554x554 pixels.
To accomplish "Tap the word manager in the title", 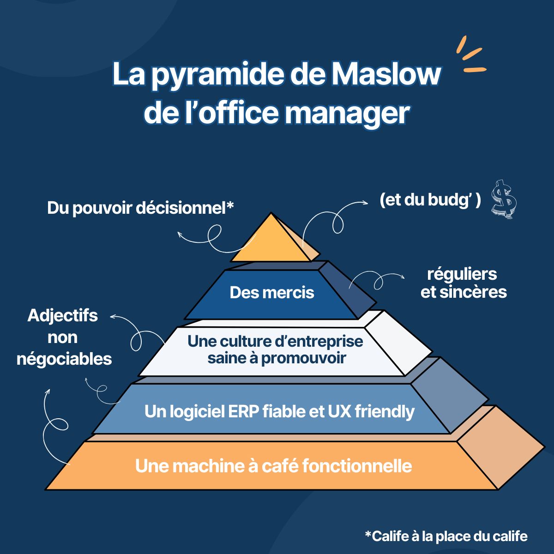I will click(x=347, y=113).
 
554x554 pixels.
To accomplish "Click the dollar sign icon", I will click(x=504, y=199).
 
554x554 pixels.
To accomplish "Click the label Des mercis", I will click(x=272, y=293).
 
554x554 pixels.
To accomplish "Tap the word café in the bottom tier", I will click(x=280, y=466).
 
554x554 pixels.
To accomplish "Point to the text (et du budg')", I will click(x=430, y=200).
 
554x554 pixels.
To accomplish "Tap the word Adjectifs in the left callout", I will click(x=62, y=316).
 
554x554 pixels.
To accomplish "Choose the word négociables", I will click(x=64, y=359).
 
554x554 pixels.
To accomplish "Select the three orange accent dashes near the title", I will click(x=470, y=55).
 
